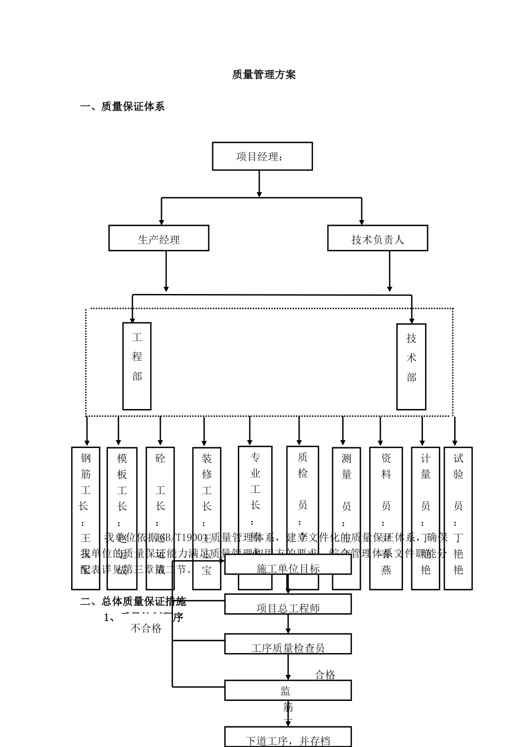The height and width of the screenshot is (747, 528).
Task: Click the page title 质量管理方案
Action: [x=263, y=74]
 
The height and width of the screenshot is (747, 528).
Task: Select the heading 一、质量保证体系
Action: [x=122, y=107]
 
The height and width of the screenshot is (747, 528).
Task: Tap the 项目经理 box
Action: [x=262, y=156]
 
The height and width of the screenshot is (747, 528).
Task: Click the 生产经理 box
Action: [x=158, y=238]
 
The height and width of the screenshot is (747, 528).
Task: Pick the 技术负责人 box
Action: [x=377, y=238]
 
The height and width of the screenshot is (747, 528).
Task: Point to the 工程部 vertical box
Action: [x=137, y=366]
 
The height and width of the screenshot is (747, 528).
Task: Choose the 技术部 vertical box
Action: [x=411, y=367]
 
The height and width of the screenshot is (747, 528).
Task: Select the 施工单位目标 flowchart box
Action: [x=288, y=565]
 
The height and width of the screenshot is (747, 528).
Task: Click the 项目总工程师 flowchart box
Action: [x=288, y=605]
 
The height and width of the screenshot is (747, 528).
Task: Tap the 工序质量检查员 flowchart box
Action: [x=288, y=644]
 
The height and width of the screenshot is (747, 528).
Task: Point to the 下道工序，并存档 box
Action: [x=288, y=738]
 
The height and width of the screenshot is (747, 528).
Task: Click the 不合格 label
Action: [x=146, y=628]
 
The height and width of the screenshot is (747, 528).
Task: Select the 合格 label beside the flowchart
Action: [x=325, y=675]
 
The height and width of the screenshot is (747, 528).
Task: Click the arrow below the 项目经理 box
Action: [x=259, y=183]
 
